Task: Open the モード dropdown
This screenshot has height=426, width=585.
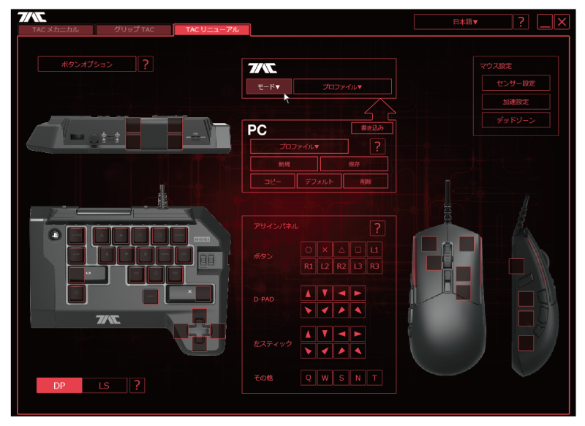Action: pyautogui.click(x=268, y=86)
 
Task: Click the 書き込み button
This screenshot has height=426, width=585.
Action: pyautogui.click(x=372, y=128)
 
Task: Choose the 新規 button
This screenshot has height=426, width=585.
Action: pyautogui.click(x=284, y=164)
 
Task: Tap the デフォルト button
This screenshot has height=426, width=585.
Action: pyautogui.click(x=319, y=181)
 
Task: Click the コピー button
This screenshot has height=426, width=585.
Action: pyautogui.click(x=272, y=181)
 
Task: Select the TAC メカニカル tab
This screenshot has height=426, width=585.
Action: pyautogui.click(x=56, y=30)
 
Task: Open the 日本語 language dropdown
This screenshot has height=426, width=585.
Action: pyautogui.click(x=462, y=22)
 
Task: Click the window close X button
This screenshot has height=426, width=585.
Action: pyautogui.click(x=562, y=22)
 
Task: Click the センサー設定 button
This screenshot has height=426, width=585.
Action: pyautogui.click(x=516, y=83)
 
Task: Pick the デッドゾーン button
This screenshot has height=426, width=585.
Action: pyautogui.click(x=516, y=120)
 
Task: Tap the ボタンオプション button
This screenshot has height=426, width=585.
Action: pyautogui.click(x=87, y=64)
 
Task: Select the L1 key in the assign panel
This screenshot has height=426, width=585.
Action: pyautogui.click(x=374, y=250)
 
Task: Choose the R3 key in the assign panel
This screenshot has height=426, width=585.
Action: pyautogui.click(x=374, y=266)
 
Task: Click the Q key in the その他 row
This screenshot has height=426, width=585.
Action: pyautogui.click(x=308, y=378)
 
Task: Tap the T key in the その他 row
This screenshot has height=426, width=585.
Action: pyautogui.click(x=374, y=378)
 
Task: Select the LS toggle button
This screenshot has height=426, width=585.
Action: pyautogui.click(x=105, y=386)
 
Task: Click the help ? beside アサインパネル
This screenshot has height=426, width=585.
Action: pyautogui.click(x=377, y=228)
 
